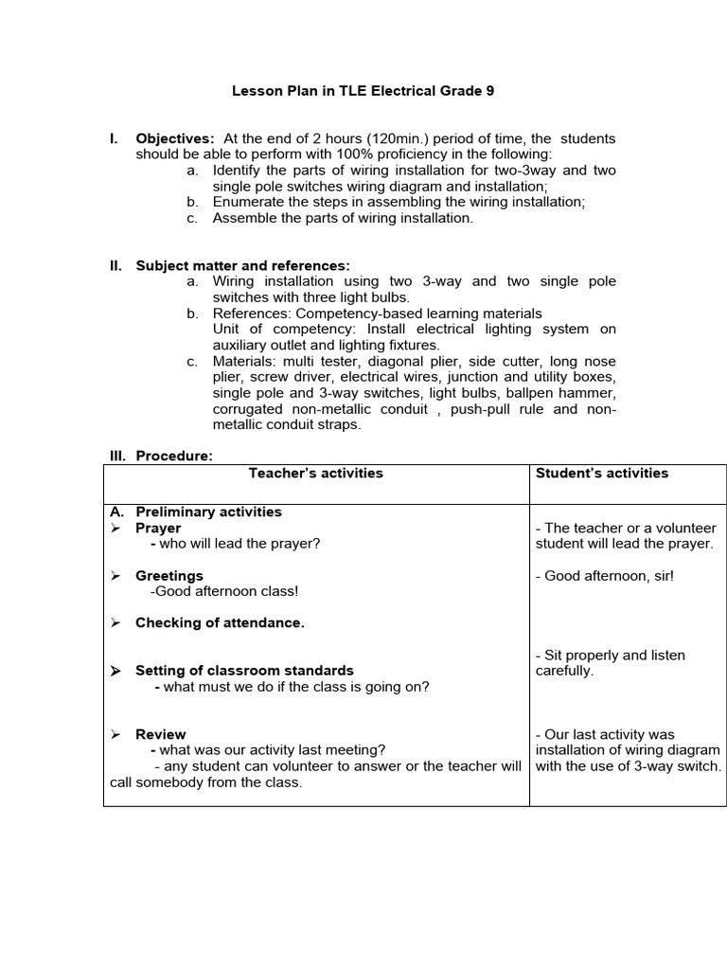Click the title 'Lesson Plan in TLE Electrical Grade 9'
[x=363, y=92]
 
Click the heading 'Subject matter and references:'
[x=242, y=266]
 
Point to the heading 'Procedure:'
[x=174, y=456]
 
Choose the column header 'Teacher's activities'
[x=315, y=473]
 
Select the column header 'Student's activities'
[x=602, y=473]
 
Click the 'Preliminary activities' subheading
[x=208, y=512]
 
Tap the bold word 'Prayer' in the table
[x=158, y=528]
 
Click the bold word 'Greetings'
[x=169, y=576]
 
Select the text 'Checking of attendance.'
[x=220, y=623]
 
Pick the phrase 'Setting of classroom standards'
[x=244, y=671]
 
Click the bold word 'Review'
[x=161, y=734]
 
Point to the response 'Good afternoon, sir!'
[x=609, y=576]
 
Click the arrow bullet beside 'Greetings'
[x=115, y=576]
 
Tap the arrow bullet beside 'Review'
[x=115, y=734]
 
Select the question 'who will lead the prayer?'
[x=239, y=544]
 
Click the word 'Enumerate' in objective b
[x=246, y=202]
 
